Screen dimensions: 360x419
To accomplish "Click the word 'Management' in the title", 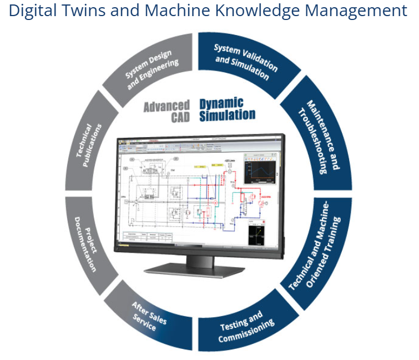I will tap(361, 11).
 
